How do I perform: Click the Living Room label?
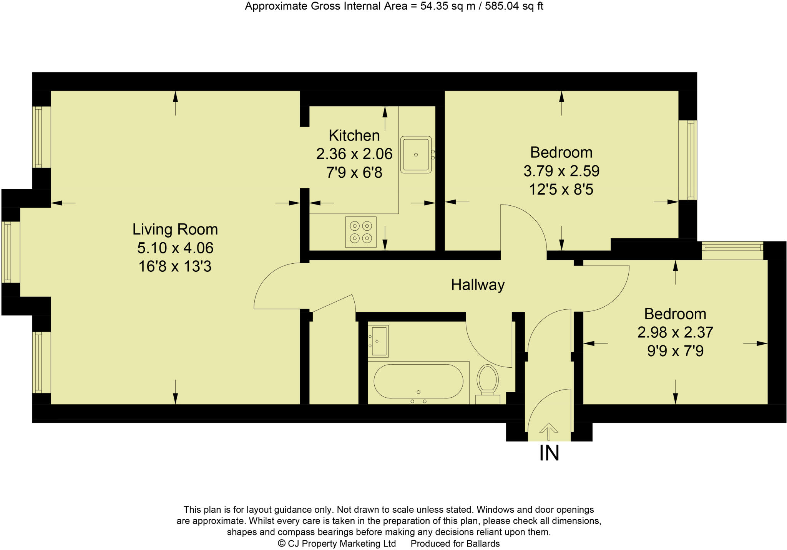(175, 230)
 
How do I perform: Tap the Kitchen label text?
(354, 136)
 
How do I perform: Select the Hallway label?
(478, 285)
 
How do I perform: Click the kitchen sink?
(416, 155)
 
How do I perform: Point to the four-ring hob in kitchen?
(360, 232)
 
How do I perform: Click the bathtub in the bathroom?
(418, 381)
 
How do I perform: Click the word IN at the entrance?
(549, 453)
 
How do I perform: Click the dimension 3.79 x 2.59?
(561, 171)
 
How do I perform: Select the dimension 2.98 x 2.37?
(675, 332)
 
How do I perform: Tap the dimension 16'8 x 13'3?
(175, 266)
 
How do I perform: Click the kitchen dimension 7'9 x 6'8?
(354, 173)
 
